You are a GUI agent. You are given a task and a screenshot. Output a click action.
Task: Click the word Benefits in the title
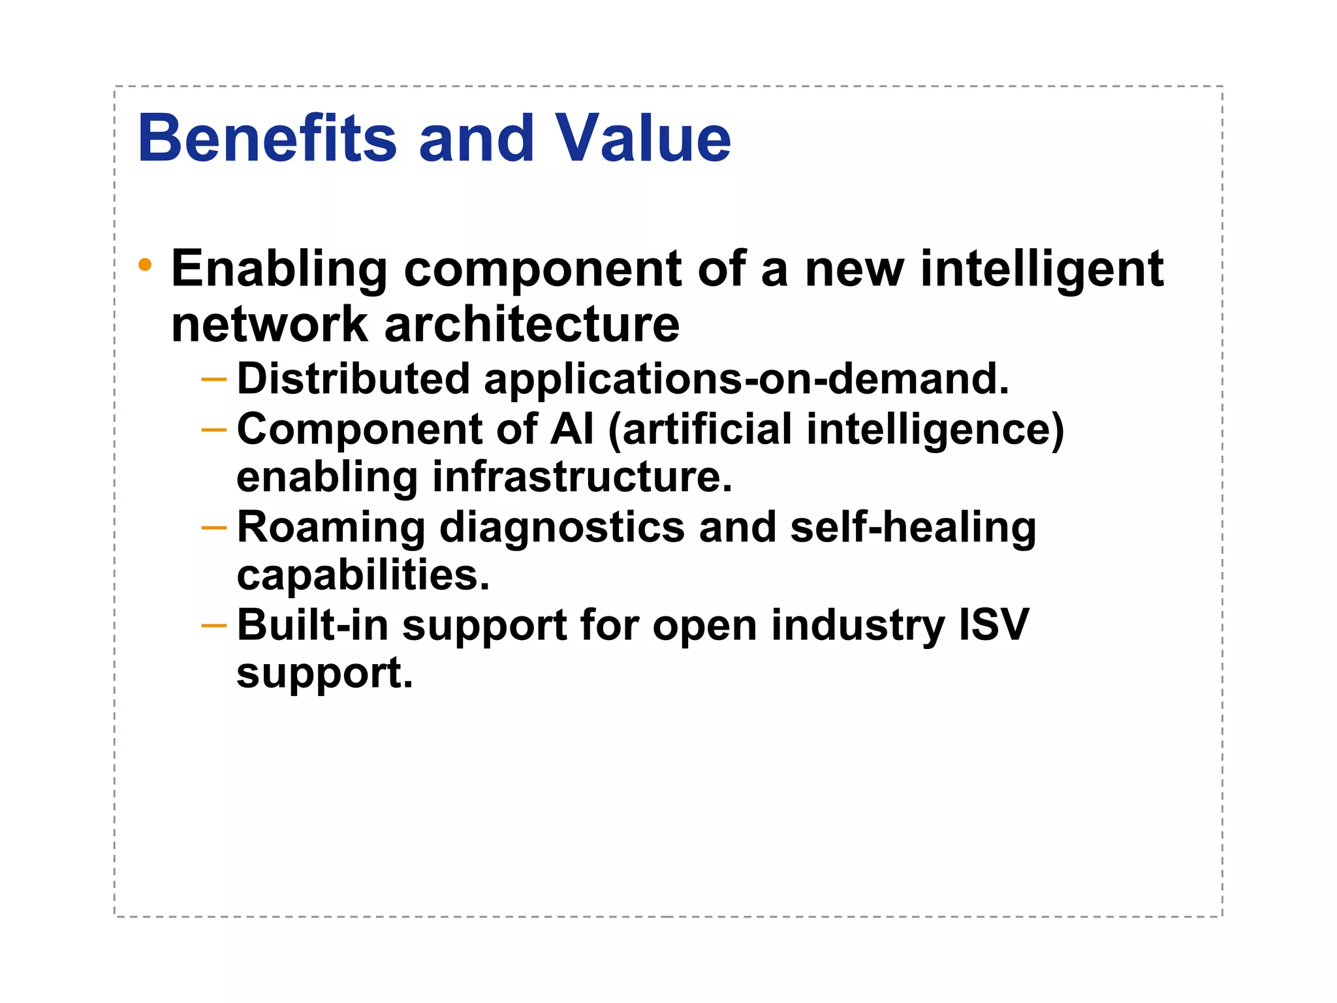(x=266, y=138)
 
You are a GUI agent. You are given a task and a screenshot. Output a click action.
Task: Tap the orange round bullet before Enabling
(x=145, y=265)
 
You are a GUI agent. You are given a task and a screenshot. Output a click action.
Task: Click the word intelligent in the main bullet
(x=1042, y=269)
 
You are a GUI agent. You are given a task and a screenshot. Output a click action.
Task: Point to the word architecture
(x=531, y=325)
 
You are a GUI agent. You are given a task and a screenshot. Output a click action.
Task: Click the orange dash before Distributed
(x=214, y=379)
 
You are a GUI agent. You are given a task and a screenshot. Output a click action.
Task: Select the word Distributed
(x=353, y=379)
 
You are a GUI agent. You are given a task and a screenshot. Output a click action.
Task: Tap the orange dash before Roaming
(x=214, y=527)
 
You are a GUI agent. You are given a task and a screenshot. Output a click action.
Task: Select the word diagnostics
(x=562, y=528)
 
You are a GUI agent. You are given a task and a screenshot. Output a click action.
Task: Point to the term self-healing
(x=913, y=528)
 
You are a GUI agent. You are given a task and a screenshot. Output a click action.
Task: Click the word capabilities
(x=362, y=576)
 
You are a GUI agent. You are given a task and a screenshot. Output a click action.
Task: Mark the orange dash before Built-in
(x=214, y=626)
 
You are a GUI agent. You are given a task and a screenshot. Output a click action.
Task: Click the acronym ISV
(x=994, y=625)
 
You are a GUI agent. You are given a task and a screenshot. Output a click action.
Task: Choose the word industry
(x=858, y=626)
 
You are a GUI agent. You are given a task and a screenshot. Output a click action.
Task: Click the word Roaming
(x=331, y=528)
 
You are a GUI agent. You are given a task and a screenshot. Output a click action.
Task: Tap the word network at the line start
(x=270, y=325)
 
